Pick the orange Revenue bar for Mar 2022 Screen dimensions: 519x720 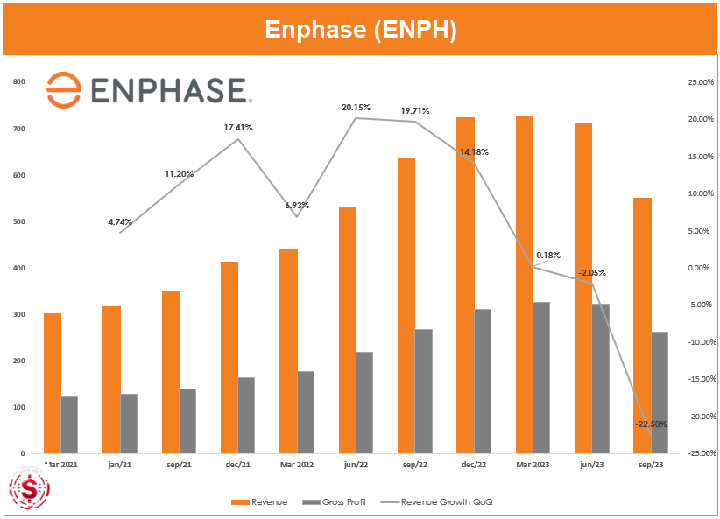click(288, 351)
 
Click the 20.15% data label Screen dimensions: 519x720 click(356, 107)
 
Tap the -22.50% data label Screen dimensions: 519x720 click(651, 424)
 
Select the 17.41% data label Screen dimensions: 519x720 click(238, 128)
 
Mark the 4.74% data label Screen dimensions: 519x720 click(121, 222)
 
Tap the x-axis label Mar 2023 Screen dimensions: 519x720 click(533, 465)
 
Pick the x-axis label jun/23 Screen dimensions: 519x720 click(591, 465)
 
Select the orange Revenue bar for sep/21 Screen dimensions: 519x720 click(170, 372)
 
